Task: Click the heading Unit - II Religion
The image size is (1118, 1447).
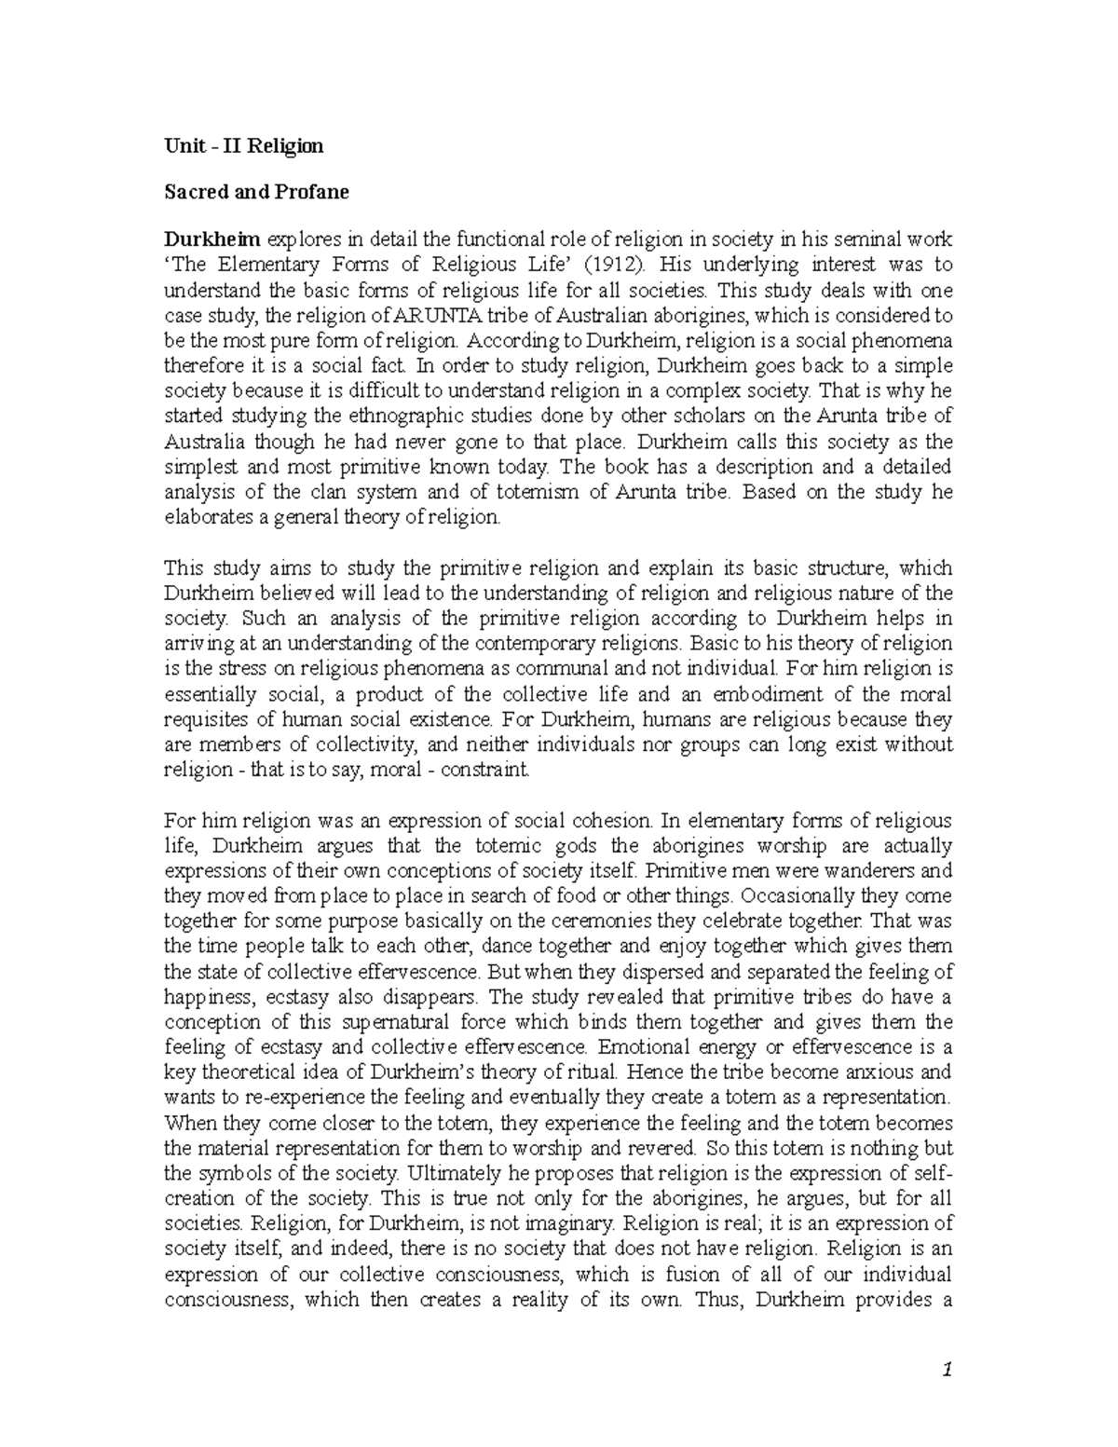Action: pyautogui.click(x=243, y=145)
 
